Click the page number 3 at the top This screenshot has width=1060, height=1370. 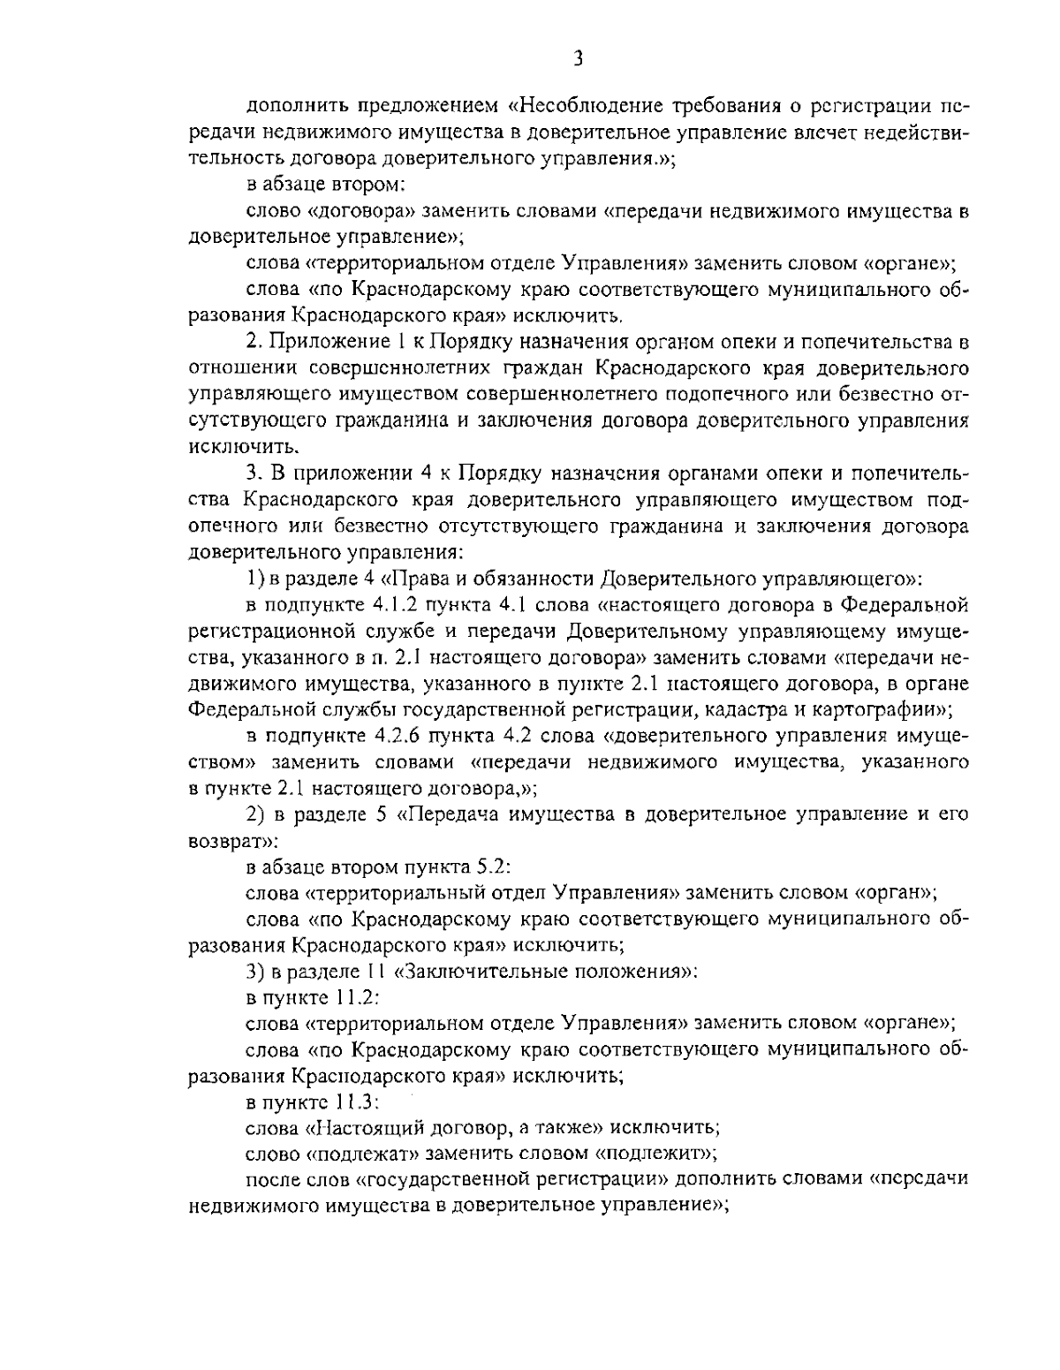(577, 59)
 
